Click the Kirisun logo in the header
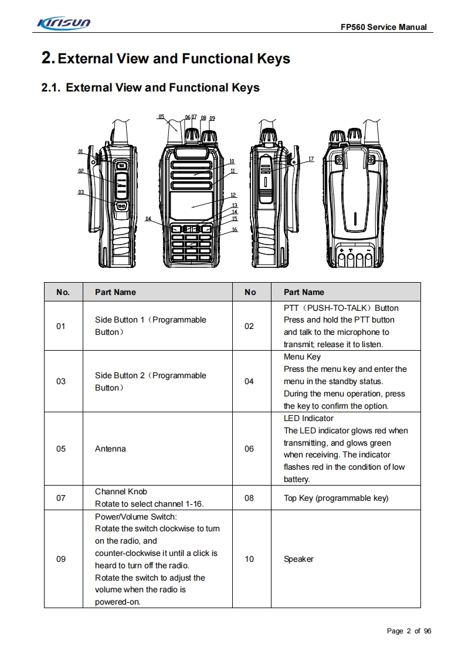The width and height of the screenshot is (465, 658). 63,23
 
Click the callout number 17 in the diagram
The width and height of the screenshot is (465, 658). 311,159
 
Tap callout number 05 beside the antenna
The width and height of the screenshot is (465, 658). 161,117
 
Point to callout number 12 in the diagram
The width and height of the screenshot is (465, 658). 233,195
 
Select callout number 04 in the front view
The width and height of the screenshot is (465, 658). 148,218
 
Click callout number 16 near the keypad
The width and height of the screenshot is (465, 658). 235,230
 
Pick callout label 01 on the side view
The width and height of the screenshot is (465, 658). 80,151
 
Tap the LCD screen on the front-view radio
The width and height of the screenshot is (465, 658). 191,205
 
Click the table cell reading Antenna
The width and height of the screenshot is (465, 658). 110,449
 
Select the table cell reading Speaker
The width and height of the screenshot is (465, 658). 298,559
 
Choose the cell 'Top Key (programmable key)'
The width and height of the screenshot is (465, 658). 335,498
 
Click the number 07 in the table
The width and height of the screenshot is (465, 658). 61,498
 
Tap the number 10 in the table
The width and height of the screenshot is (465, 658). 249,559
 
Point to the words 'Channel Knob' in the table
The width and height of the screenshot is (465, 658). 121,492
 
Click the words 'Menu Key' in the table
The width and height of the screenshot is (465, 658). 302,357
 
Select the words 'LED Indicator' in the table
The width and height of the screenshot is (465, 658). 308,419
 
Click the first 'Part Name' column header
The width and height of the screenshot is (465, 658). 116,293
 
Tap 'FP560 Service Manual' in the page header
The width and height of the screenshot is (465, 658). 383,28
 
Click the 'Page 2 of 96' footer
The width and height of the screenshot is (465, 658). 409,631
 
